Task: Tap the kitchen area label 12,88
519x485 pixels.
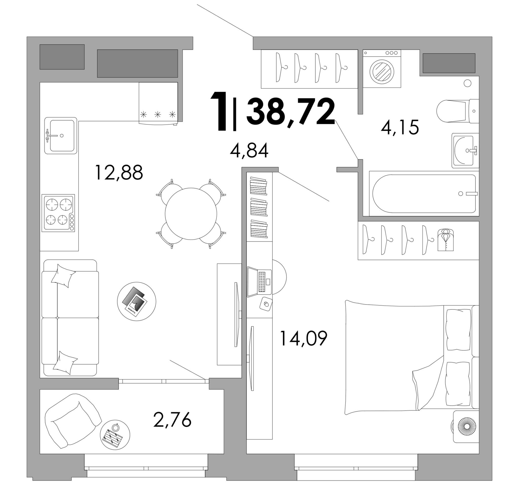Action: pos(119,172)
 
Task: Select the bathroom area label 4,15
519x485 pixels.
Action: pos(400,127)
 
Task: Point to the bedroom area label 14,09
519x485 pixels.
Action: pos(303,338)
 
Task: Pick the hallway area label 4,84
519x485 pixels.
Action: pos(249,151)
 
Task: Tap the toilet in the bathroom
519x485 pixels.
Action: pos(457,111)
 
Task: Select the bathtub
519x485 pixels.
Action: pos(424,193)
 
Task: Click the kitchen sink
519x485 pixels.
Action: pos(61,135)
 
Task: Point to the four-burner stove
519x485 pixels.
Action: pos(58,213)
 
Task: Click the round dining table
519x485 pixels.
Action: pos(191,214)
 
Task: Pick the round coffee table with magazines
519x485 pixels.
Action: pos(137,301)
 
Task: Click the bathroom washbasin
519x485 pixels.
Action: pos(465,150)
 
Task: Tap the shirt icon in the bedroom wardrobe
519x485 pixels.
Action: pos(446,240)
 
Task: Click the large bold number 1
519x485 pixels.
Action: pos(219,111)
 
